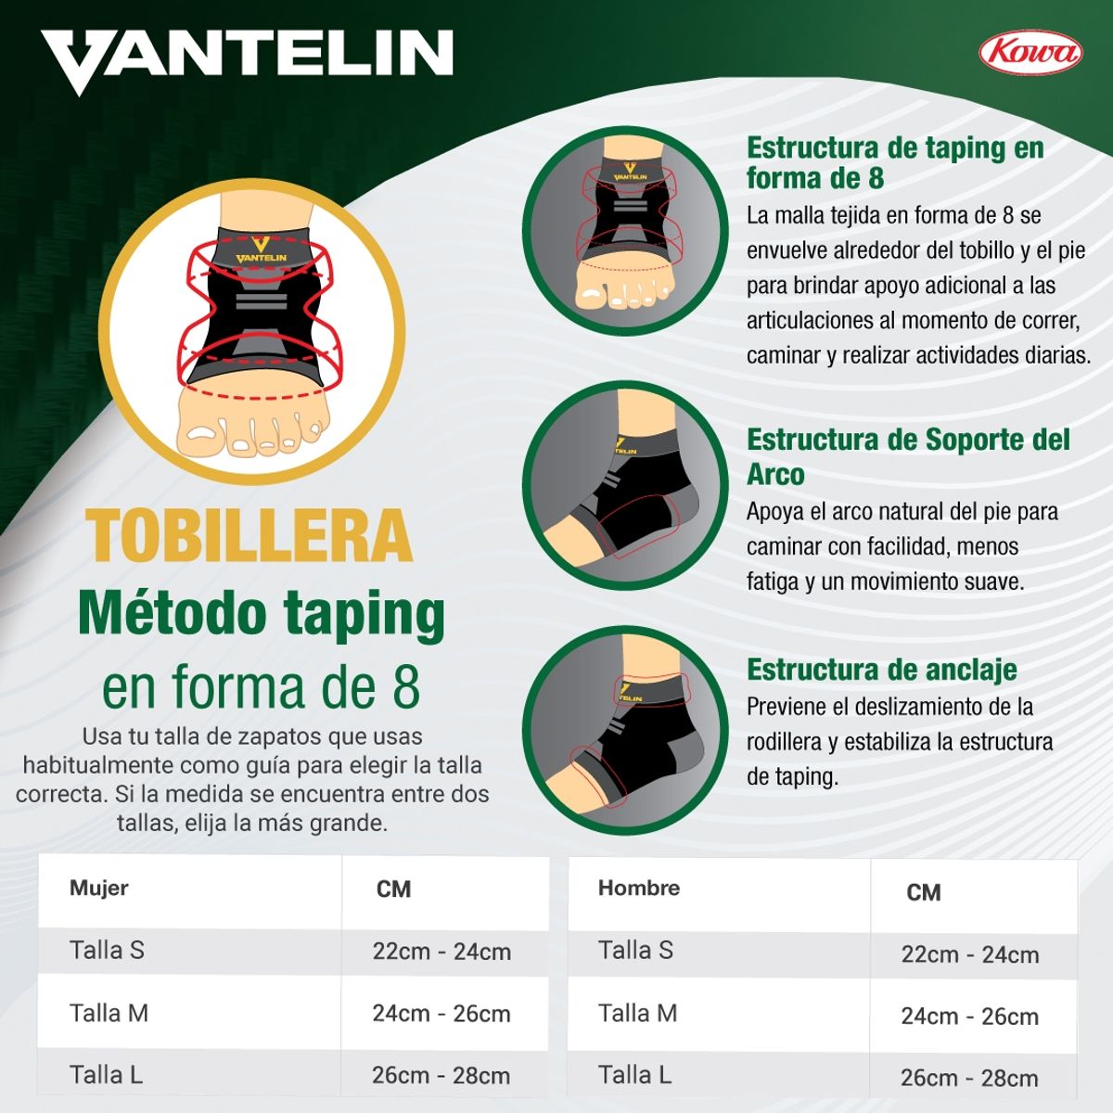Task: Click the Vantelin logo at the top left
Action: pyautogui.click(x=247, y=58)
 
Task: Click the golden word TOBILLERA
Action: pyautogui.click(x=249, y=536)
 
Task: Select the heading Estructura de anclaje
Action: pyautogui.click(x=881, y=670)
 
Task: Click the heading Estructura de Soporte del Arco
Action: pyautogui.click(x=907, y=456)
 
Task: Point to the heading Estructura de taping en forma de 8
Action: pyautogui.click(x=894, y=162)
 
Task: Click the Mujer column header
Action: pyautogui.click(x=98, y=888)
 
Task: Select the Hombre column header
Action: pyautogui.click(x=638, y=888)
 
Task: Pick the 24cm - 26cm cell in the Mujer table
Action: pyautogui.click(x=441, y=1014)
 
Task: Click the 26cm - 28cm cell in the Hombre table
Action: pyautogui.click(x=969, y=1078)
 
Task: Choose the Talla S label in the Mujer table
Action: pyautogui.click(x=107, y=950)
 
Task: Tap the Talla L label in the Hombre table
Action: pyautogui.click(x=634, y=1075)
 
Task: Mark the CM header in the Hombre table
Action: pyautogui.click(x=923, y=892)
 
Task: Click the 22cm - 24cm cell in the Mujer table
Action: pyautogui.click(x=441, y=952)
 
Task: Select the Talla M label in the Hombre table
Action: pyautogui.click(x=637, y=1013)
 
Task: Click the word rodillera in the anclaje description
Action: pyautogui.click(x=784, y=742)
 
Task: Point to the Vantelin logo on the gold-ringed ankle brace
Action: pyautogui.click(x=261, y=252)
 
